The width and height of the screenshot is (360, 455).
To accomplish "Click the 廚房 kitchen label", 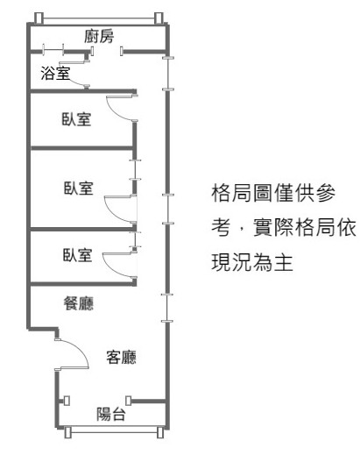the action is [99, 36].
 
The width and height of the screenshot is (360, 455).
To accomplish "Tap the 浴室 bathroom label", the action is [55, 73].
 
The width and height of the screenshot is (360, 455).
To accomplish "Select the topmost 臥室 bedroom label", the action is [76, 119].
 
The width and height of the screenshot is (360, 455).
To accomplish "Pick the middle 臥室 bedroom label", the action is [79, 188].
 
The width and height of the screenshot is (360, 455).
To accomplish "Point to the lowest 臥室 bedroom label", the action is [78, 255].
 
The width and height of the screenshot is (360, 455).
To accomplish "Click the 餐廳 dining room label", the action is [79, 303].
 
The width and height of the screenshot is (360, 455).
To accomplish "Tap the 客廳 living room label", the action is [121, 357].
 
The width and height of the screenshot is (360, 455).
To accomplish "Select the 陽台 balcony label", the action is [111, 414].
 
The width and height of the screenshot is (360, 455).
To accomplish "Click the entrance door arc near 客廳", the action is [82, 351].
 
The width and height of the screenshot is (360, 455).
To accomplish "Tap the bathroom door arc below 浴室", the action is [76, 84].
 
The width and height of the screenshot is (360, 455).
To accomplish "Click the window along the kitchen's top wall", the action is [99, 20].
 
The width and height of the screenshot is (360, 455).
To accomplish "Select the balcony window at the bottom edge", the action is [114, 431].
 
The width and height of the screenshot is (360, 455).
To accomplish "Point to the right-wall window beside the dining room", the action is [166, 308].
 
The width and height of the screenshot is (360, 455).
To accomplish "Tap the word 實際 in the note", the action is [273, 227].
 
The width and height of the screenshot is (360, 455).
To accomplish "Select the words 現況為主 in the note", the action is [252, 262].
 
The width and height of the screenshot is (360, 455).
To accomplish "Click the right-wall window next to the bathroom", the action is [168, 74].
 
